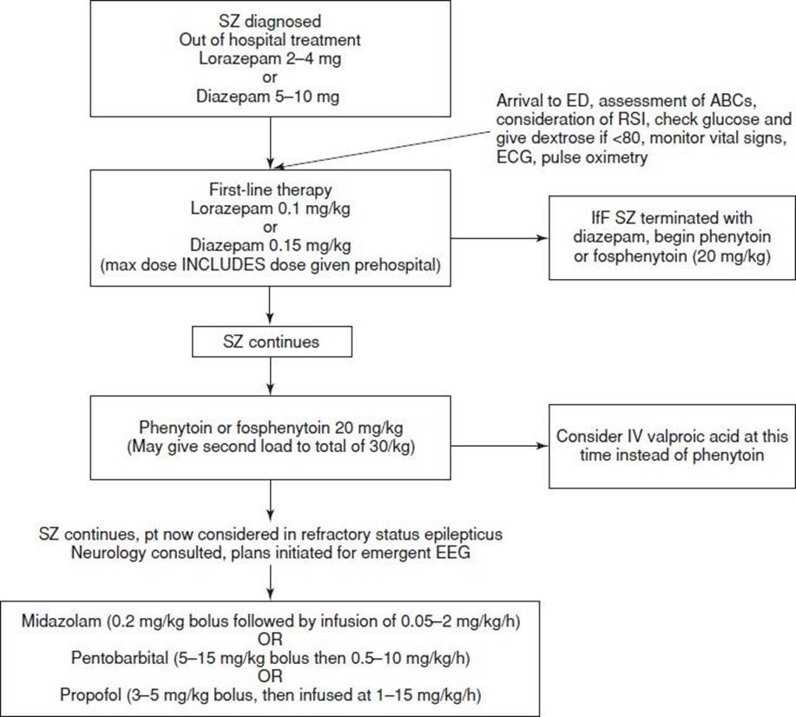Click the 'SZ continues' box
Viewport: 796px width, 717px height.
[x=272, y=342]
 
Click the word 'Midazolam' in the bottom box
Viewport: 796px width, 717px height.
[x=61, y=621]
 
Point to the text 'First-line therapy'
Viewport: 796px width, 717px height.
[x=271, y=189]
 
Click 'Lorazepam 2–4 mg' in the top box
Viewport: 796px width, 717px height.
[x=270, y=58]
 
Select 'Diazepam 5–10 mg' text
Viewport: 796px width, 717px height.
[x=268, y=96]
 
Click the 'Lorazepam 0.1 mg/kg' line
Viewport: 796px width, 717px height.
[x=271, y=209]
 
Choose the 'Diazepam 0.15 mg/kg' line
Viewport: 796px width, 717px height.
[x=271, y=245]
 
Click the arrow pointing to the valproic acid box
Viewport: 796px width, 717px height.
[x=499, y=446]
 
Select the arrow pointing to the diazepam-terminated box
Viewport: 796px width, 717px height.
[x=499, y=238]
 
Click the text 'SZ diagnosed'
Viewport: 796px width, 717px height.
[x=270, y=21]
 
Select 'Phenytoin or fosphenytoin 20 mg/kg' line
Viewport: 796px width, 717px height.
[x=271, y=428]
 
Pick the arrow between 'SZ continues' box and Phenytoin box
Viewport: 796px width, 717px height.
[x=271, y=376]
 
